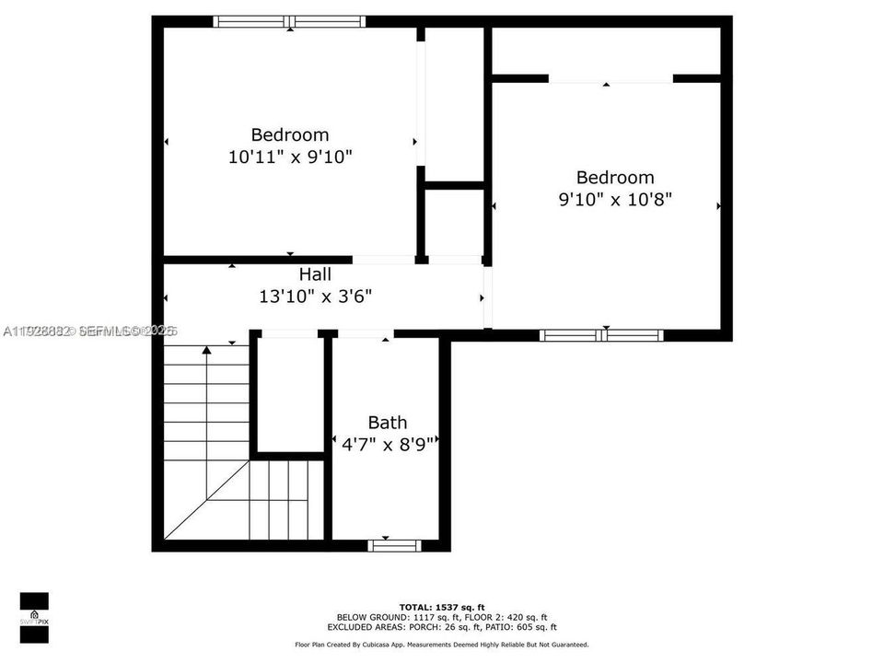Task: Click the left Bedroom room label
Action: (290, 134)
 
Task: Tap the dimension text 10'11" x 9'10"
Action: (290, 157)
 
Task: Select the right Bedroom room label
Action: (615, 177)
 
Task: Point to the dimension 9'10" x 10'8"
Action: (615, 200)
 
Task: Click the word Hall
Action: (315, 274)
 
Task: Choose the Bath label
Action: (387, 423)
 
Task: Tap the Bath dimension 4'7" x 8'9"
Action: (387, 443)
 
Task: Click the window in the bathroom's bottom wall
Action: (395, 545)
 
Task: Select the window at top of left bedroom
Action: (289, 21)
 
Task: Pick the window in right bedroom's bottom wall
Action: (601, 335)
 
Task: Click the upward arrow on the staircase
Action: (207, 350)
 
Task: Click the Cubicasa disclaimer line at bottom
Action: (441, 645)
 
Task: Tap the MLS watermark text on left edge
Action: (90, 330)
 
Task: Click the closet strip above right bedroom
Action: (605, 51)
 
